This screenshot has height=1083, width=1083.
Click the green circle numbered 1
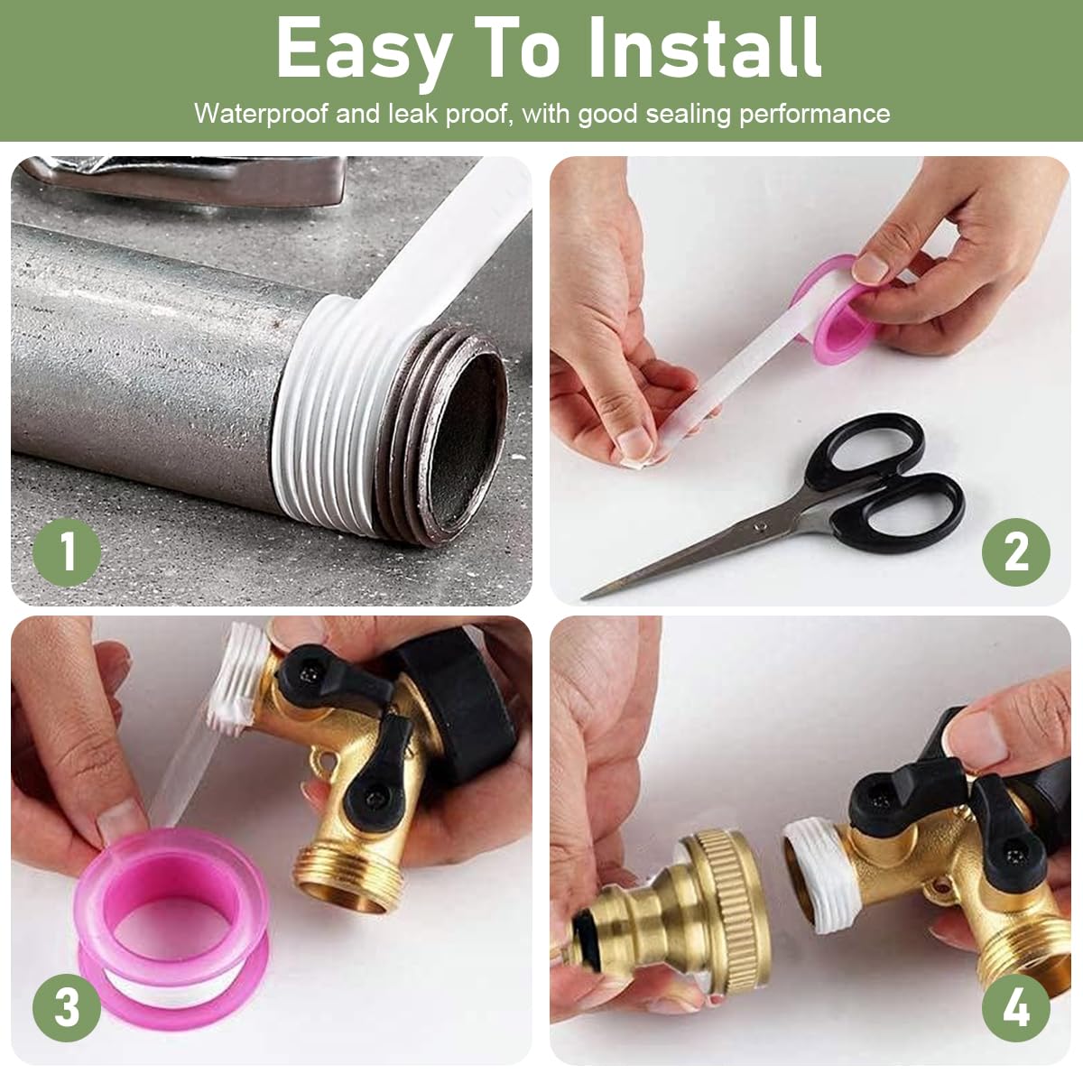68,550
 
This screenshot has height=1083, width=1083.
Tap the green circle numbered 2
1016,550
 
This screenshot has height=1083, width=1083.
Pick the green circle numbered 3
68,1005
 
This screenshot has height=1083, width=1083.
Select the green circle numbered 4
1016,1005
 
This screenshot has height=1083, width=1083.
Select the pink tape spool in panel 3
171,912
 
